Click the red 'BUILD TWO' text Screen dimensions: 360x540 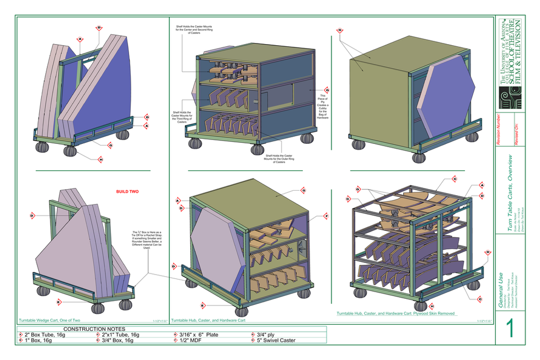127,192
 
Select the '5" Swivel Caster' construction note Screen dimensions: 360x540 276,340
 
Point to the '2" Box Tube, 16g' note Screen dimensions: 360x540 46,335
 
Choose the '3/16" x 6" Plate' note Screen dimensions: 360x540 202,335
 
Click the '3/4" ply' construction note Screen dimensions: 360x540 269,335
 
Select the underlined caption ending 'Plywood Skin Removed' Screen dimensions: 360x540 395,313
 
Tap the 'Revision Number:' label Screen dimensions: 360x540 500,132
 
